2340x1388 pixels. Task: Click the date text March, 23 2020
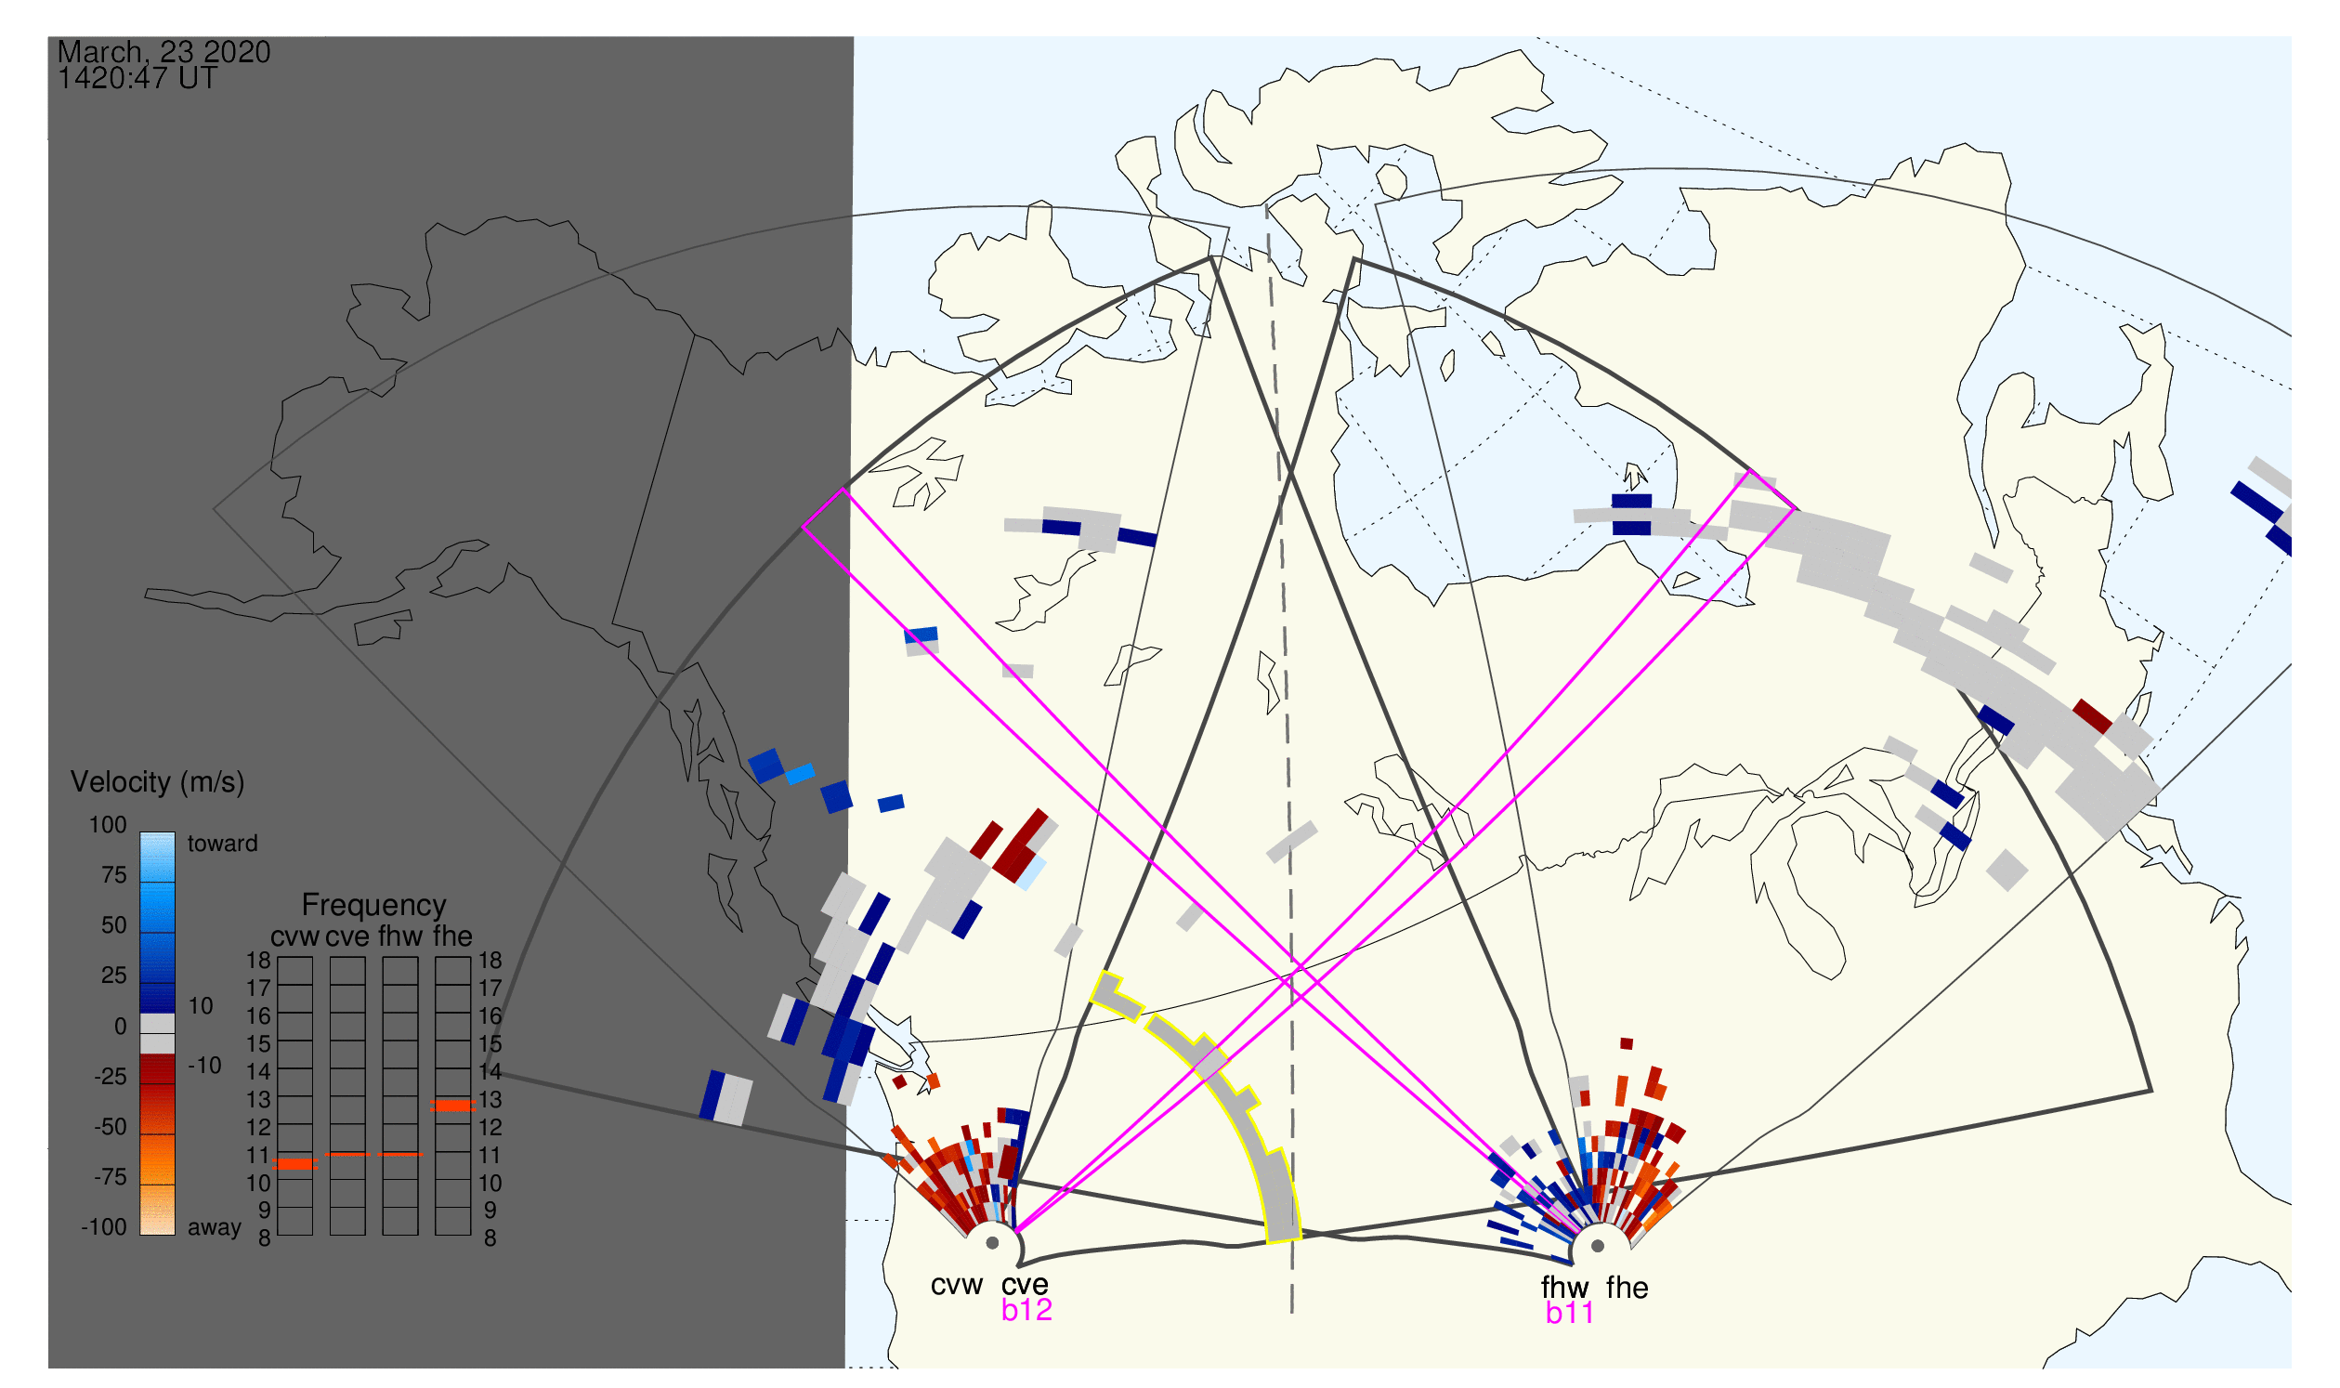[163, 51]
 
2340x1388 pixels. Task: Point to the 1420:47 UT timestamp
[137, 79]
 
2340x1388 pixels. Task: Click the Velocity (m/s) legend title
[158, 783]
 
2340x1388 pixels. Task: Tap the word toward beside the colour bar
[223, 844]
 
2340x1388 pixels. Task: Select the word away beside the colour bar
[215, 1228]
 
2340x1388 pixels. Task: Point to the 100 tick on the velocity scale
[108, 825]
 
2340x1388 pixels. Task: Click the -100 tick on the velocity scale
[104, 1227]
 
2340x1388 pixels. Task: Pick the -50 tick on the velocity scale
[111, 1127]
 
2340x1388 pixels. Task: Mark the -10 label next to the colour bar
[204, 1066]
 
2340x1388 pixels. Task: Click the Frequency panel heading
[374, 906]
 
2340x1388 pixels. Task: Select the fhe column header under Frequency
[452, 937]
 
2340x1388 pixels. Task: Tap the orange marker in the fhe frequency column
[452, 1106]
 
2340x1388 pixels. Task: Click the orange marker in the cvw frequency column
[295, 1165]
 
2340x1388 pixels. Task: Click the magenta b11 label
[1569, 1314]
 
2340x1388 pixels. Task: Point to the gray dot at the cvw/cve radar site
[992, 1244]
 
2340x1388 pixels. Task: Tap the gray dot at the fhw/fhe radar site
[1598, 1247]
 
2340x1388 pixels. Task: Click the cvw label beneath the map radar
[956, 1286]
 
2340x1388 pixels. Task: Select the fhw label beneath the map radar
[1564, 1289]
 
